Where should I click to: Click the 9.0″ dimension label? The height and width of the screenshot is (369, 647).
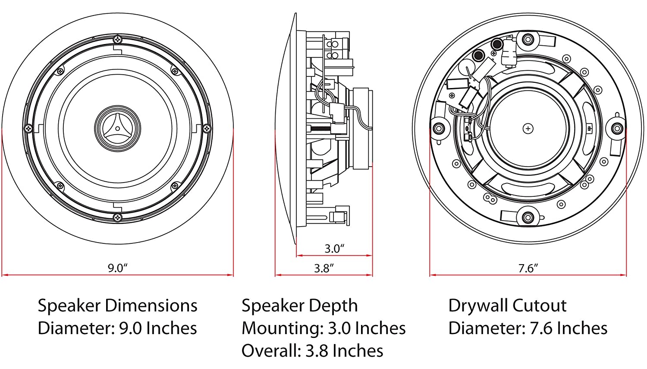click(117, 268)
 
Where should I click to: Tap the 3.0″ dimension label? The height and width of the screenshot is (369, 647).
click(334, 249)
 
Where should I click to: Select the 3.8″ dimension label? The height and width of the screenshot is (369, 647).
click(324, 268)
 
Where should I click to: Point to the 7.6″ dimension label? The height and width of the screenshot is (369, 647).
click(528, 268)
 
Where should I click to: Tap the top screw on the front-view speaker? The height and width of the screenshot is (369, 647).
click(118, 40)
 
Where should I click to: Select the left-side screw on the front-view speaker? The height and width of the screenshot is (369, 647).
click(29, 128)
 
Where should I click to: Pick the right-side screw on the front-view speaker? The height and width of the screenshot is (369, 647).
click(207, 128)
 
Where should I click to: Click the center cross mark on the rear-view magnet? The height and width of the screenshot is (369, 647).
click(528, 128)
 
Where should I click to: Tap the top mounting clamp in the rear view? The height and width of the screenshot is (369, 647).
click(528, 40)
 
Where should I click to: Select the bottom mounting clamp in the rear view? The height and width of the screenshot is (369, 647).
click(528, 217)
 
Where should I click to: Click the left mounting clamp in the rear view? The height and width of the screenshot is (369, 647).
click(439, 128)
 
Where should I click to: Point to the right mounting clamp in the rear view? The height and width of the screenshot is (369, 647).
click(617, 128)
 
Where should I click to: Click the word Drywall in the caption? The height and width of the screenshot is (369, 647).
click(479, 306)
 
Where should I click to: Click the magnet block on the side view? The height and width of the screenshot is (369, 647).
click(362, 128)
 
